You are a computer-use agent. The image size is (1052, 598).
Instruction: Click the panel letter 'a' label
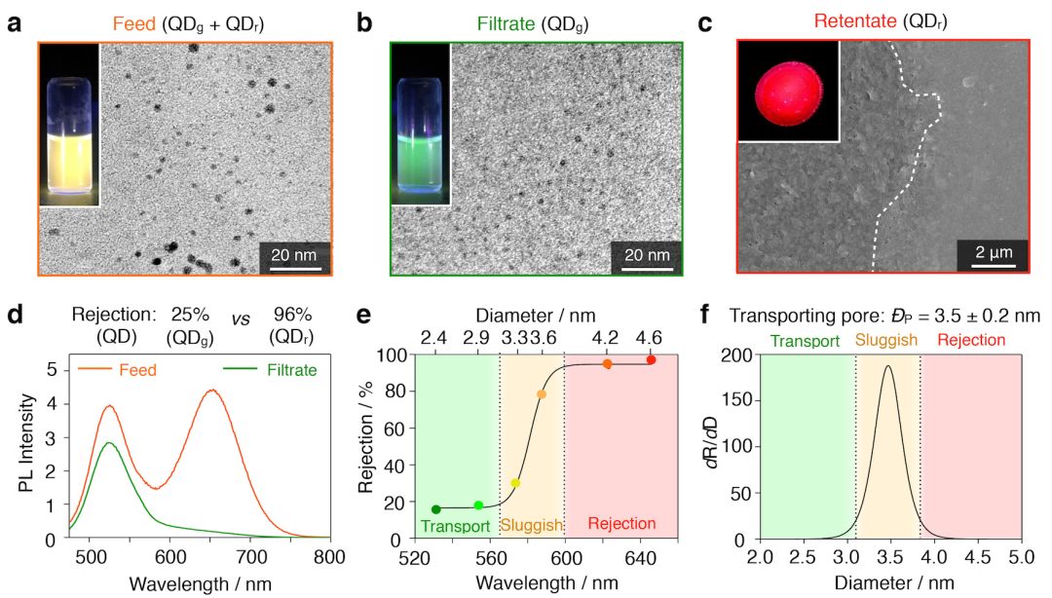tap(15, 21)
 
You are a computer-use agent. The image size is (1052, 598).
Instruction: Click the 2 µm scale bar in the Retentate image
tap(995, 256)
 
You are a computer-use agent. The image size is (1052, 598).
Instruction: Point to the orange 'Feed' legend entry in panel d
tap(139, 371)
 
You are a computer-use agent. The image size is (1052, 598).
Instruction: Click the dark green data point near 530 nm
tap(435, 509)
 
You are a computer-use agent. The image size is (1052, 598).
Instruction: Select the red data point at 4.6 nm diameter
tap(651, 360)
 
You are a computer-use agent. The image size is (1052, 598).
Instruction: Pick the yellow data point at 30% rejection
tap(515, 483)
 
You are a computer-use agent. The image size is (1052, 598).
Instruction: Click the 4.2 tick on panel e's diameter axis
tap(607, 337)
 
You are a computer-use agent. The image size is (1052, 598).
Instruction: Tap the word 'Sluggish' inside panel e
tap(532, 526)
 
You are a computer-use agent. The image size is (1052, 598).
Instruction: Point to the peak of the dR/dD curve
tap(887, 366)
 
